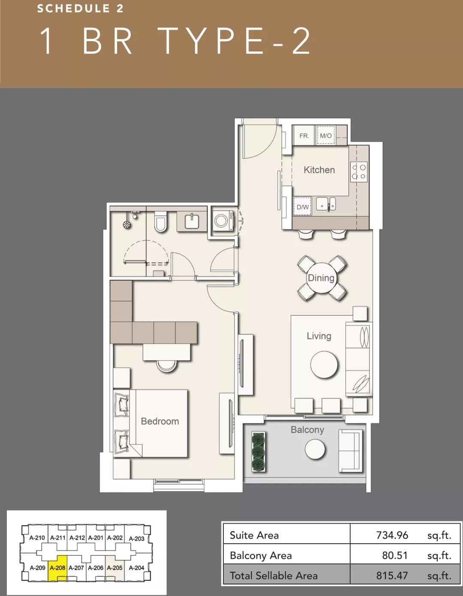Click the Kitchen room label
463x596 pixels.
319,170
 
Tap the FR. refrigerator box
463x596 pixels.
304,135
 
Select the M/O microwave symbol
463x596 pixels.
326,135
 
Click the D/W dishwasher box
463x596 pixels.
302,207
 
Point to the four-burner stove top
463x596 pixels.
358,172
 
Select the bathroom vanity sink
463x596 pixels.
192,221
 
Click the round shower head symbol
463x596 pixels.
126,225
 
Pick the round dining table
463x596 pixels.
321,278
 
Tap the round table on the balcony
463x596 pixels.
315,449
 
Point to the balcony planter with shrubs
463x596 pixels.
258,452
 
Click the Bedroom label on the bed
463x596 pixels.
160,421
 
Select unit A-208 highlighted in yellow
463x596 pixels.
57,568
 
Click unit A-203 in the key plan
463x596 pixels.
136,539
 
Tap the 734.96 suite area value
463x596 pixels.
392,535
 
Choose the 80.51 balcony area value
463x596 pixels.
395,555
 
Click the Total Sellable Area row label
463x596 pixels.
274,576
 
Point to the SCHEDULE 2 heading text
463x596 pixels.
80,9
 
